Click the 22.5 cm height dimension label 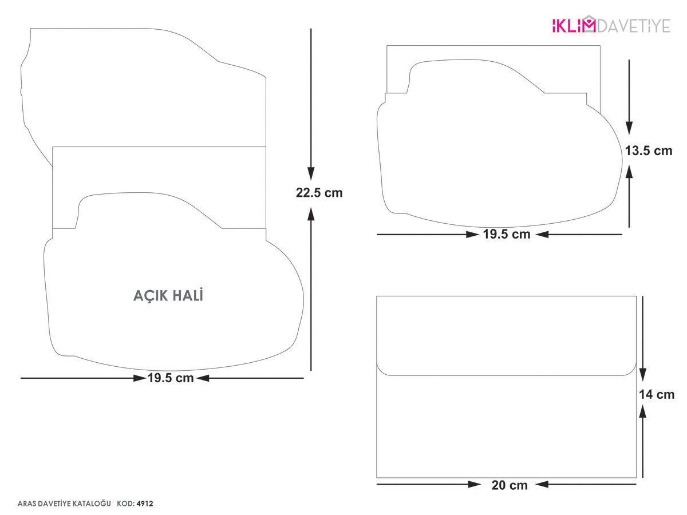319,193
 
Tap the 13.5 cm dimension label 648,150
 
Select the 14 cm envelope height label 656,394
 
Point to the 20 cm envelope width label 509,485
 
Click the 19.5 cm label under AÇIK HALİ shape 171,378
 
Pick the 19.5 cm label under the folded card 507,234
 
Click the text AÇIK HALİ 168,295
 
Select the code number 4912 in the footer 145,504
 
